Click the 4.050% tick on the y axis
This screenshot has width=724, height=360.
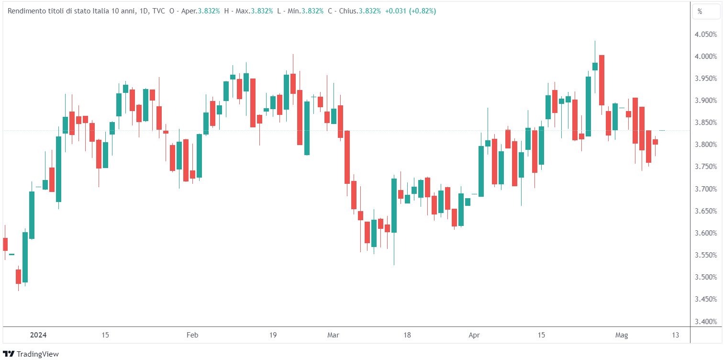pos(706,34)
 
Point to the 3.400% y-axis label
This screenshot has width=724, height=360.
pos(706,321)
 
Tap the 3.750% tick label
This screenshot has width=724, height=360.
pos(706,167)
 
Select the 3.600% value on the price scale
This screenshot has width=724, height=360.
pos(706,233)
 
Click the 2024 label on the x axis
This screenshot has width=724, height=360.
pos(38,335)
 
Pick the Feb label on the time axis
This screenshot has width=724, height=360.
pos(192,335)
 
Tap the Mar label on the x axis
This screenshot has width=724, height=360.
pos(333,335)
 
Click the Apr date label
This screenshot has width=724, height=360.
pos(474,335)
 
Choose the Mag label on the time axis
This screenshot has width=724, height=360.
pos(622,335)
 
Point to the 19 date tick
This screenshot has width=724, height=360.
pos(273,335)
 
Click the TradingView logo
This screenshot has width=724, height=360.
pos(31,354)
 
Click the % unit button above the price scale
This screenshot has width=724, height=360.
pos(706,11)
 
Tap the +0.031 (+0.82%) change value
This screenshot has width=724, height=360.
pos(410,11)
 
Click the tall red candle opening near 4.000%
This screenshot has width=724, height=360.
pos(601,80)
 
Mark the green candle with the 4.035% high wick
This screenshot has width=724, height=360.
pos(595,66)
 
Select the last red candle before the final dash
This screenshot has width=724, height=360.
pos(655,142)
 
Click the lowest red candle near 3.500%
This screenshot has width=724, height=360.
pos(18,276)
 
